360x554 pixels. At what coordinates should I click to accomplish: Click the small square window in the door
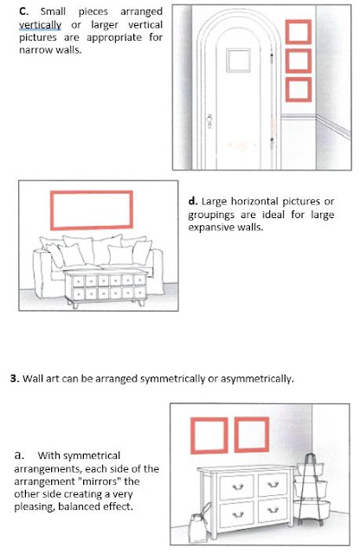pos(239,61)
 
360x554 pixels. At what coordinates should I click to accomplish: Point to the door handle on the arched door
pos(209,121)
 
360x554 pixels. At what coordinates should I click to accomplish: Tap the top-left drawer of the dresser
pos(237,486)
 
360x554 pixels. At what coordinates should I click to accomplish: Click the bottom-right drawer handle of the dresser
pos(273,510)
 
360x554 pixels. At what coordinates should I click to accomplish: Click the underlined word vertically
pos(41,25)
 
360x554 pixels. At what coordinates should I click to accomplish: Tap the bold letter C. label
pos(23,11)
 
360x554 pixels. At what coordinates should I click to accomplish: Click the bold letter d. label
pos(192,202)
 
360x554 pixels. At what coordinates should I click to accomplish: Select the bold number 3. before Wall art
pos(14,378)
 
